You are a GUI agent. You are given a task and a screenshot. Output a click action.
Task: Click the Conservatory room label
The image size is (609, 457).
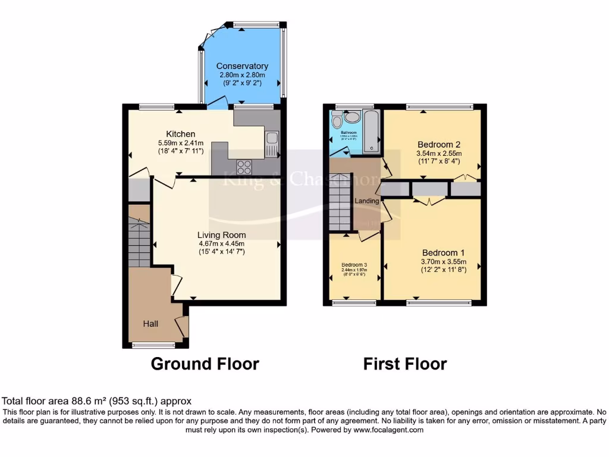tap(241, 66)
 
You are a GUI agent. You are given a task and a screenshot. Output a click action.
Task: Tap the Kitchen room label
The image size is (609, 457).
tap(181, 134)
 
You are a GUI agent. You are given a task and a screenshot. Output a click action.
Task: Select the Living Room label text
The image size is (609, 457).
tap(222, 235)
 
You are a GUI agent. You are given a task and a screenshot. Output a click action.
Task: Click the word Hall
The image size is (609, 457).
tap(150, 324)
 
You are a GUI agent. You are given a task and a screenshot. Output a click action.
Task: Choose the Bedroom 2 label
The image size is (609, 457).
tap(439, 144)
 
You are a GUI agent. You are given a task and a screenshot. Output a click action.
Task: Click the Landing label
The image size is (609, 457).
tap(367, 201)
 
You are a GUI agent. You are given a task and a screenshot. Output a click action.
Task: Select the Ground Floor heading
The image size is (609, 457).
tap(205, 364)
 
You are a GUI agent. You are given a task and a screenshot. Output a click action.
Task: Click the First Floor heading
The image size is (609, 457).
tap(405, 364)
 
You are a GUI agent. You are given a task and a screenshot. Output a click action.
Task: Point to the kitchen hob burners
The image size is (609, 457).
tap(244, 165)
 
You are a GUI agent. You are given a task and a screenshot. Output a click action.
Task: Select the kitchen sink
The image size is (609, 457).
tap(272, 139)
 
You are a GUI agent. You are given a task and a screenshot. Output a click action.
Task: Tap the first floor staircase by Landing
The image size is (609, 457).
tap(340, 201)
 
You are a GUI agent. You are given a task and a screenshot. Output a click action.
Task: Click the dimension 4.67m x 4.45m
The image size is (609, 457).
tap(222, 243)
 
